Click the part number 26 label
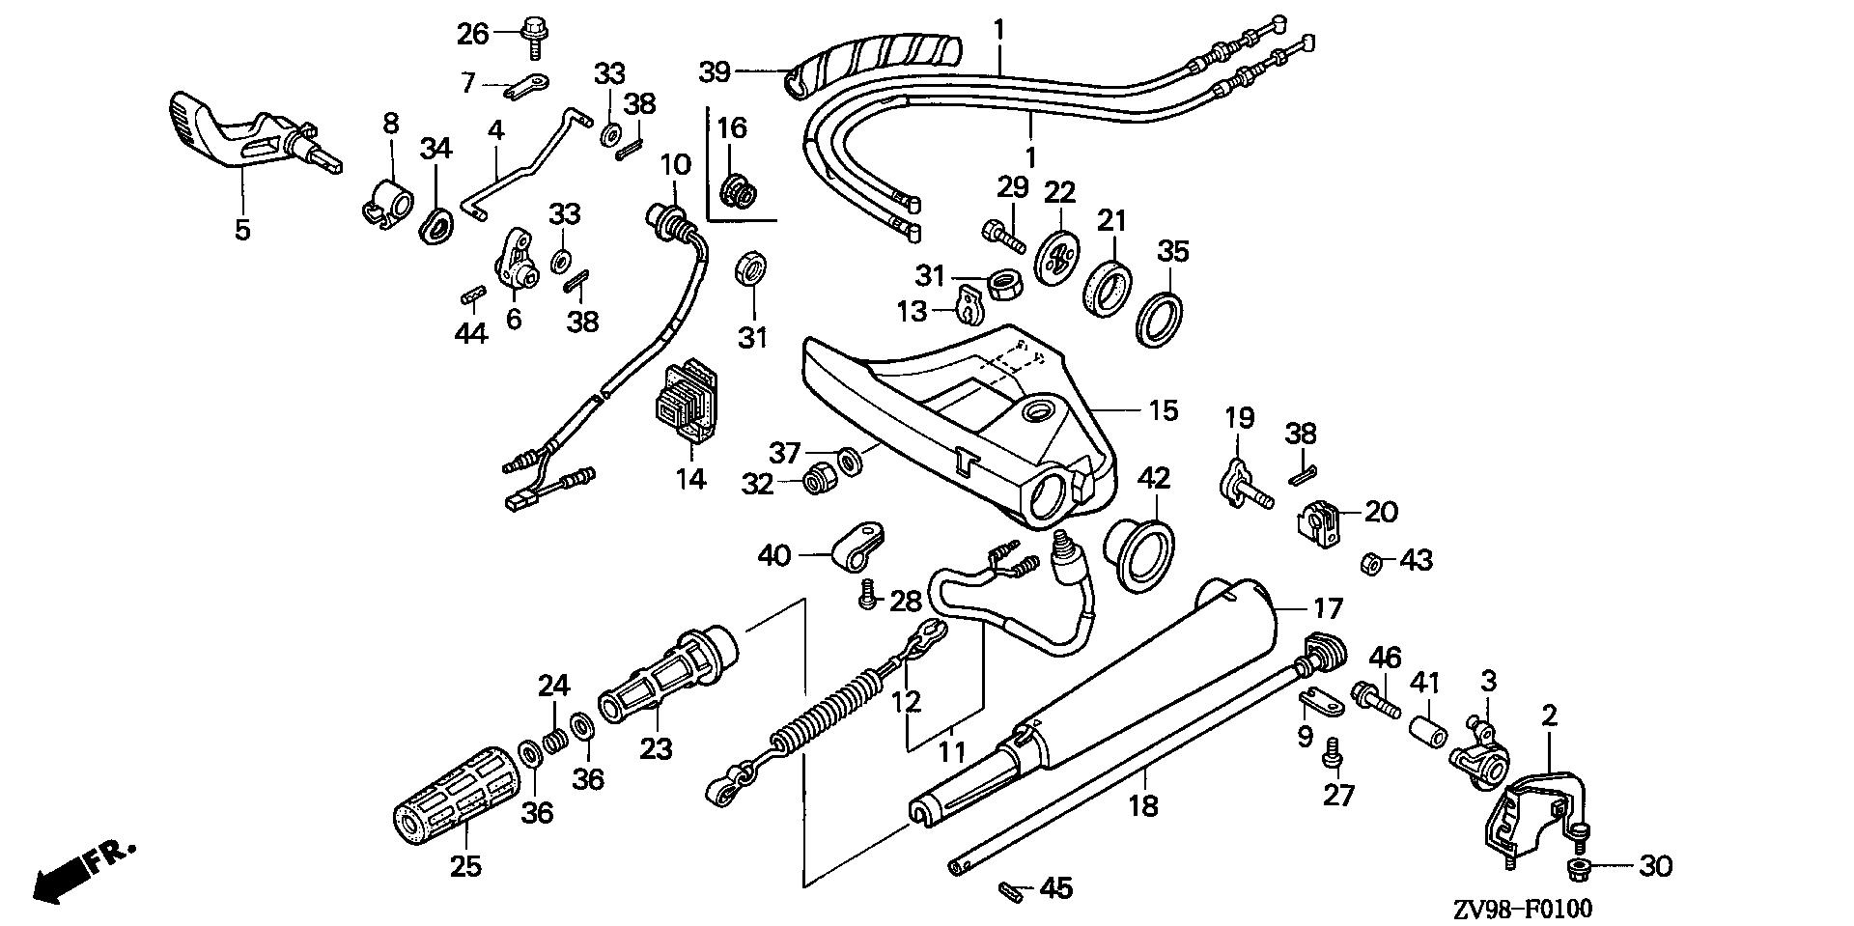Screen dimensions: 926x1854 click(473, 34)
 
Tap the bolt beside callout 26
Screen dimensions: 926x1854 click(531, 34)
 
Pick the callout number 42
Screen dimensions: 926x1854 click(1154, 478)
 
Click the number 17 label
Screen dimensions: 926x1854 click(1329, 608)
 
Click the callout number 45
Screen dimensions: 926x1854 click(1057, 888)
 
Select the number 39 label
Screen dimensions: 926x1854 click(716, 72)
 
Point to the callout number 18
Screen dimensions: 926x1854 click(1142, 805)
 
